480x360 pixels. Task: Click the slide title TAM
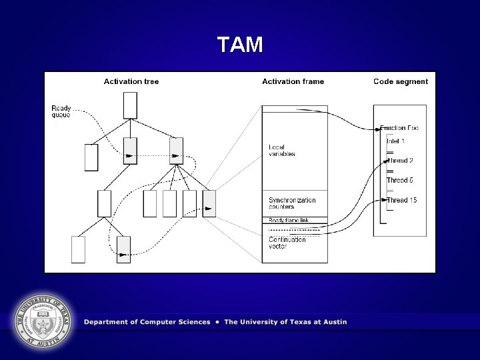[240, 45]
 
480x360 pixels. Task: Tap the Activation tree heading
[131, 82]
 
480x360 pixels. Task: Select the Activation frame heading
[293, 82]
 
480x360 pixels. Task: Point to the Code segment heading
[401, 82]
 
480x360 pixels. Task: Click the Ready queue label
[61, 111]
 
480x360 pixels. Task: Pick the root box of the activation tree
[130, 105]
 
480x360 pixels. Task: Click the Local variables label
[281, 151]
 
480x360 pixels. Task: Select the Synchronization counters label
[292, 203]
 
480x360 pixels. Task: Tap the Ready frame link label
[288, 221]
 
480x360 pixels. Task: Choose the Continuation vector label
[287, 243]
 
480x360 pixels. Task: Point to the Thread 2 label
[400, 161]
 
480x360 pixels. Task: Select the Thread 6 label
[400, 181]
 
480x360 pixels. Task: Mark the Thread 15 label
[401, 200]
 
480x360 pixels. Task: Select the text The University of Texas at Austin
[285, 322]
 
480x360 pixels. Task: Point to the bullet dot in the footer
[217, 322]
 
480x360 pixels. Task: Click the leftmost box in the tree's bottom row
[78, 249]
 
